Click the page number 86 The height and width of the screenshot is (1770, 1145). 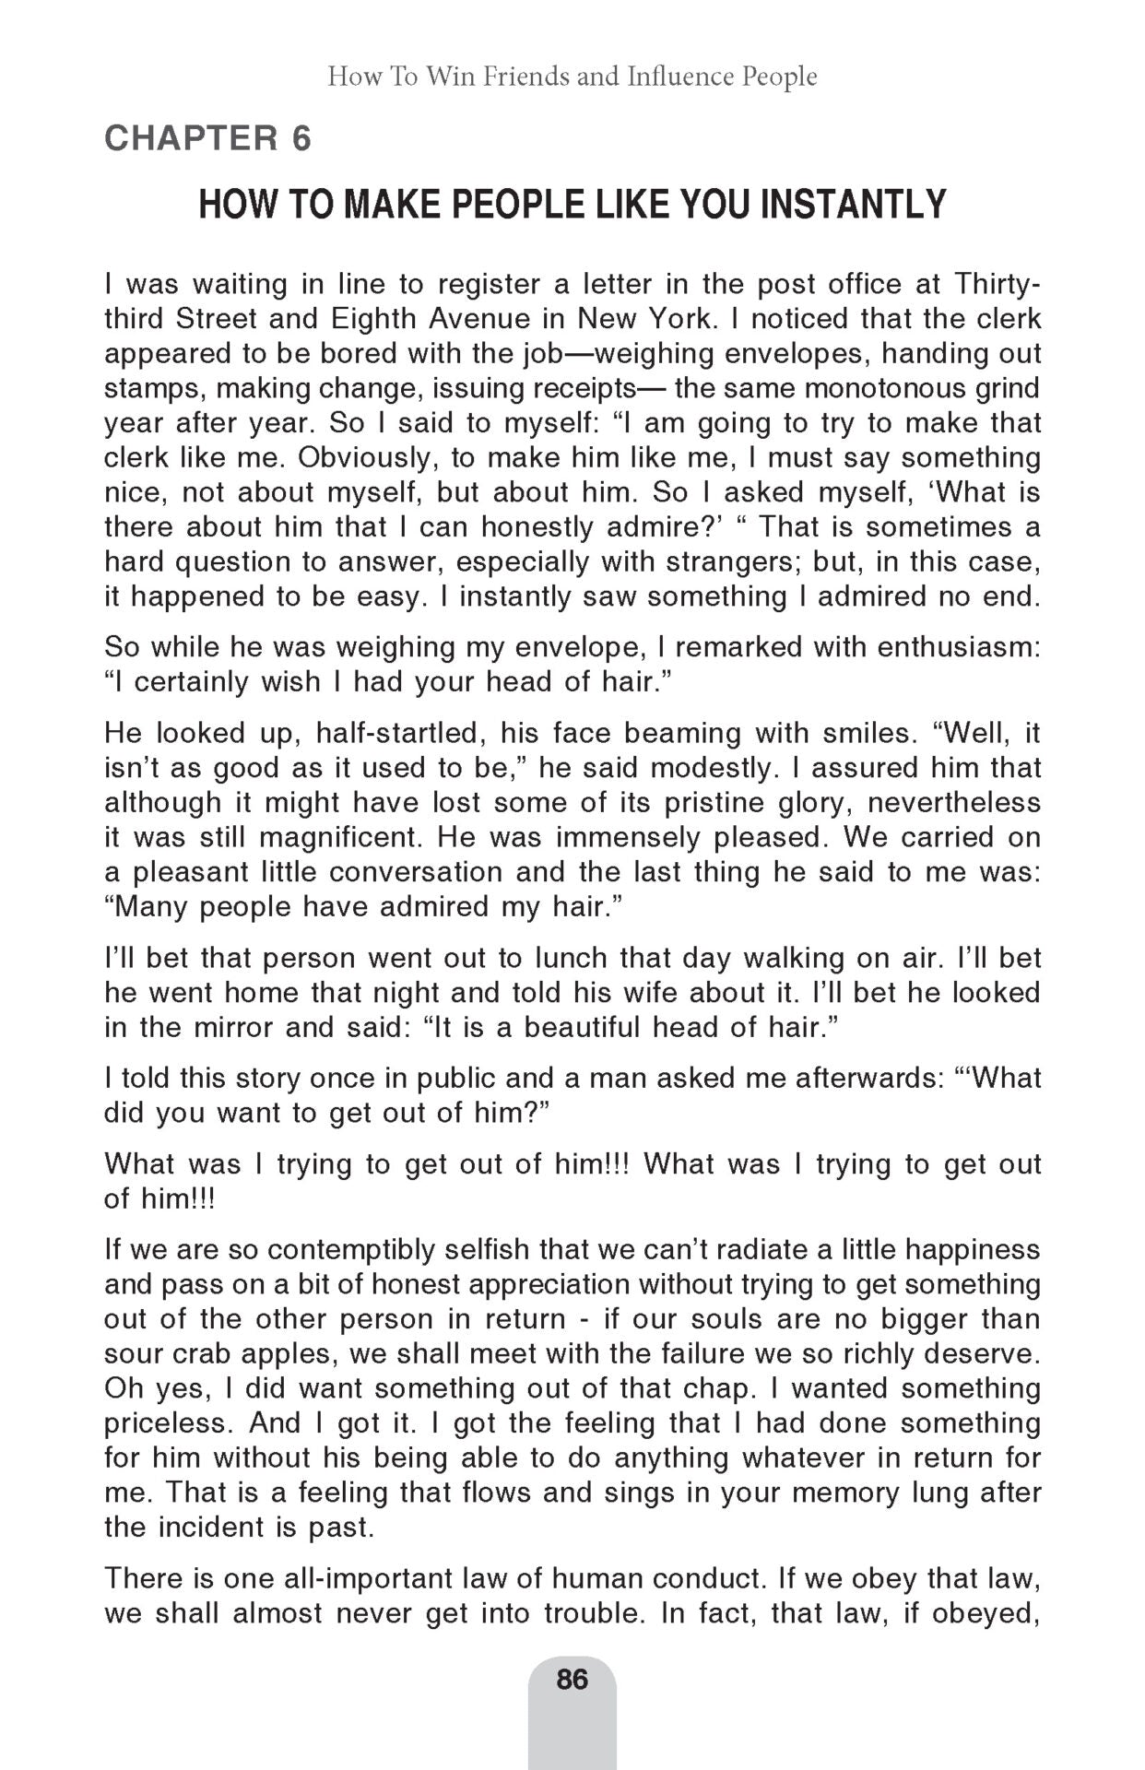[x=572, y=1679]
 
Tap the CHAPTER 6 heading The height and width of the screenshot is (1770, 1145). [x=208, y=138]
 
